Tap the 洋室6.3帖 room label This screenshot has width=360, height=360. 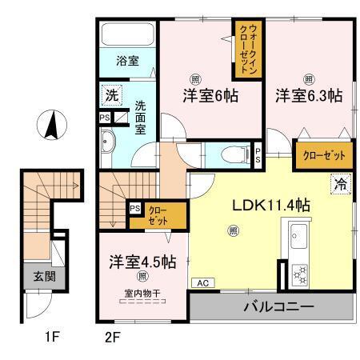pos(309,95)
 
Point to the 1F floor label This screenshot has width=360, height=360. pos(52,336)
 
